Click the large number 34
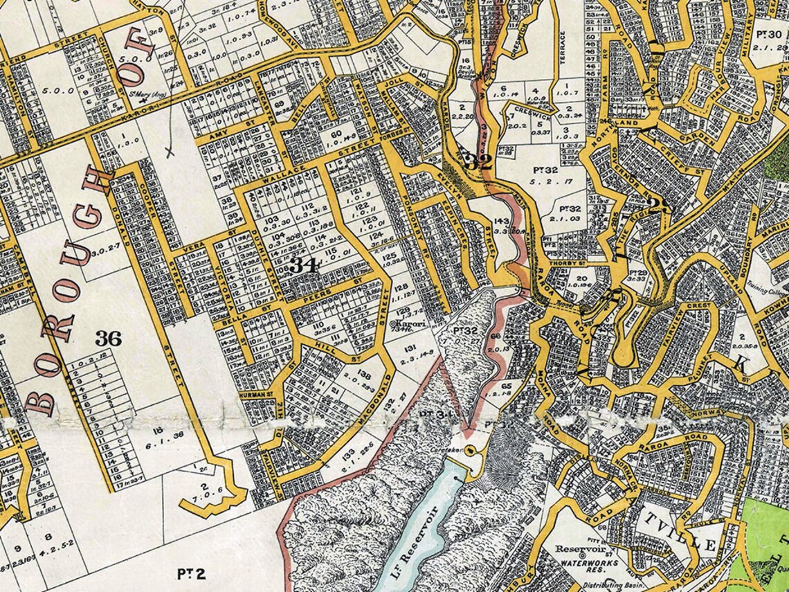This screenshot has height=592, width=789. click(305, 265)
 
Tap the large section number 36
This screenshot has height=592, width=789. click(109, 339)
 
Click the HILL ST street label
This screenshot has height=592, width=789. click(325, 344)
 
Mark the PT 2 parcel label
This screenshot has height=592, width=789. click(185, 573)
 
